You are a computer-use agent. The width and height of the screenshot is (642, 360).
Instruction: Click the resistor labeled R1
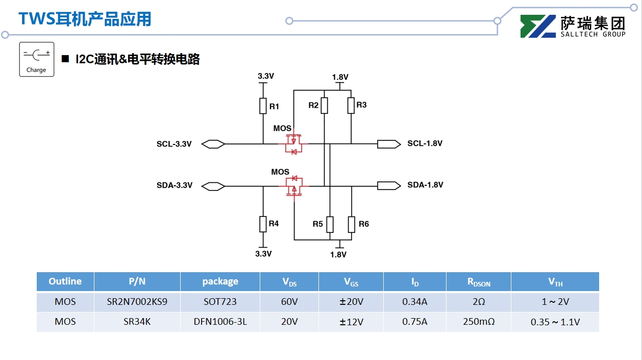coord(263,106)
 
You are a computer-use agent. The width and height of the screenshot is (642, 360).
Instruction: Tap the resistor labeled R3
coord(351,105)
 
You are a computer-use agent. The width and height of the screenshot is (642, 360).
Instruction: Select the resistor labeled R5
coord(330,224)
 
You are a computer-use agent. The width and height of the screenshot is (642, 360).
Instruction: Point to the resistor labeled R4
coord(263,224)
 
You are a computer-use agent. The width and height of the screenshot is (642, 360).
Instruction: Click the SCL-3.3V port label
coord(174,144)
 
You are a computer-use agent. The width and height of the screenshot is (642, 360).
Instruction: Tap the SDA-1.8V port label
coord(425,185)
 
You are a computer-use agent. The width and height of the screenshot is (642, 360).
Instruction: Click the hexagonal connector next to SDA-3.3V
coord(213,186)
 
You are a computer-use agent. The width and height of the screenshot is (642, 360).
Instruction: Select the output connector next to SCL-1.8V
coord(388,144)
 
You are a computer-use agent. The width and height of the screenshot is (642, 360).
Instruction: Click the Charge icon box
coord(36,59)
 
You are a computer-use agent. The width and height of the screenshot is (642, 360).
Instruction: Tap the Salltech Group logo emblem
coord(538,27)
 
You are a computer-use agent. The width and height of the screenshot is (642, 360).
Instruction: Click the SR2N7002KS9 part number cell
coord(137,302)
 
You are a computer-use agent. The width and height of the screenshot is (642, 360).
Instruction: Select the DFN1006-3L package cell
coord(220,322)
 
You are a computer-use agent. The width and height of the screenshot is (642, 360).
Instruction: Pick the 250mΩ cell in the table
coord(478,322)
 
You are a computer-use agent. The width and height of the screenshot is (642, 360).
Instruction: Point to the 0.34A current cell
coord(414,302)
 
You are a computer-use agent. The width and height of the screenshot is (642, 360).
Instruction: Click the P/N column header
coord(137,281)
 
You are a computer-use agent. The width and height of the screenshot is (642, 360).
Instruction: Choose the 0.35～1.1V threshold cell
coord(555,322)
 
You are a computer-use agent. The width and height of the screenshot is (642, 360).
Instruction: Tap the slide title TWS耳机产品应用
coord(85,19)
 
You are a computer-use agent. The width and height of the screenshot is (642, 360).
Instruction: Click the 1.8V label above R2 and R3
coord(340,77)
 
